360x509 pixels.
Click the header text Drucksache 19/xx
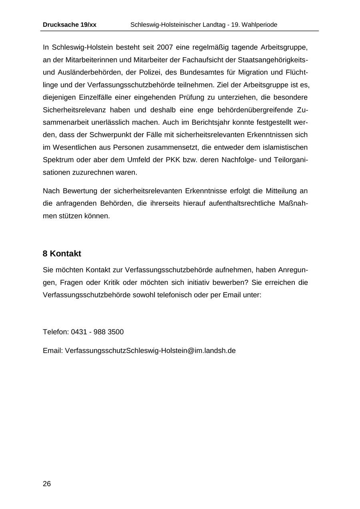[70, 25]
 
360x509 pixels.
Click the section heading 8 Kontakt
[62, 254]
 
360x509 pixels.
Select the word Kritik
[112, 283]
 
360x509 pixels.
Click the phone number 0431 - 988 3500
[97, 332]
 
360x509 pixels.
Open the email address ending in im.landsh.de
[150, 351]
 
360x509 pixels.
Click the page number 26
[47, 484]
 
